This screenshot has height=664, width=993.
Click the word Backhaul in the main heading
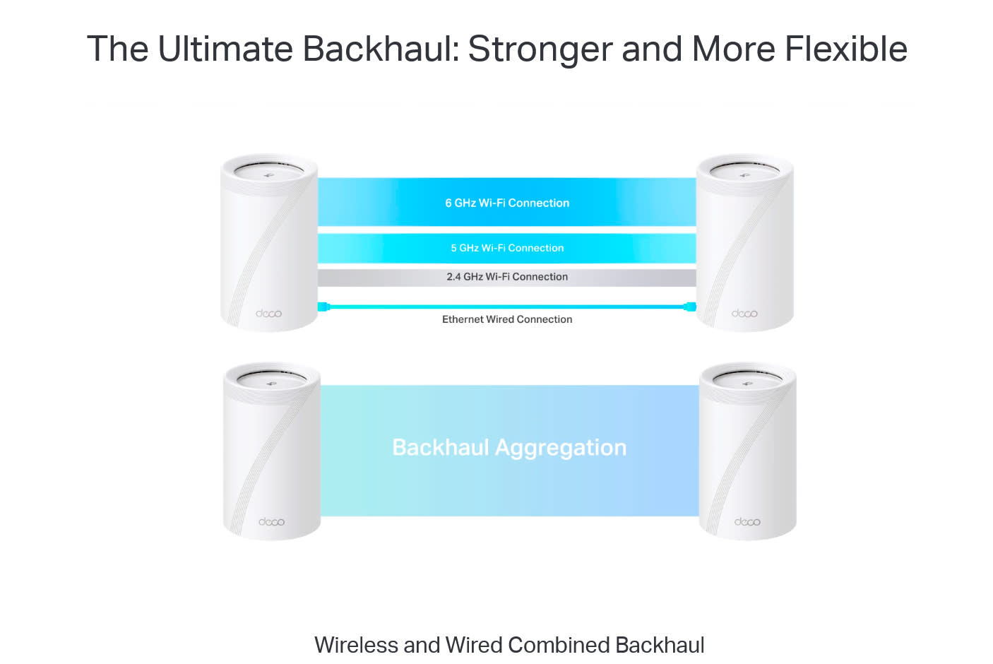point(380,49)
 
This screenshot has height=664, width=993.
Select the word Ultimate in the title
point(225,49)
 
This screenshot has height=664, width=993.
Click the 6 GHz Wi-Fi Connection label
point(507,203)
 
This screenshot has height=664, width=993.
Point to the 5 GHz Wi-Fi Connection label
point(507,248)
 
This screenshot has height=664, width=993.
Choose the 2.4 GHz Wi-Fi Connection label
point(507,277)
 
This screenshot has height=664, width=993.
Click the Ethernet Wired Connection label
point(507,319)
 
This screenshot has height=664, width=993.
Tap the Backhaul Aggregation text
point(509,447)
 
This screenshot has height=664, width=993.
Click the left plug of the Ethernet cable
point(323,307)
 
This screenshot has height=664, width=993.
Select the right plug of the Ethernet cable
point(690,307)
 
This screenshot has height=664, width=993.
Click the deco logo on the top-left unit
point(268,313)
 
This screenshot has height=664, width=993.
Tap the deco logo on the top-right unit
point(744,313)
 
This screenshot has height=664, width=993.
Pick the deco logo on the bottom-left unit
point(271,521)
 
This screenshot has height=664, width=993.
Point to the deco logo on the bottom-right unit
point(747,521)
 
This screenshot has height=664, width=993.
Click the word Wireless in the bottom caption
point(356,645)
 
